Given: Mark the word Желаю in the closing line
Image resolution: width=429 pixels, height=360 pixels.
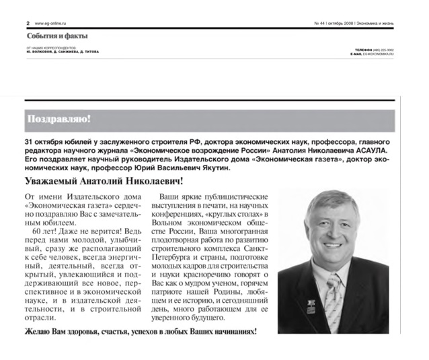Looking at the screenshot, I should coord(38,332).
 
